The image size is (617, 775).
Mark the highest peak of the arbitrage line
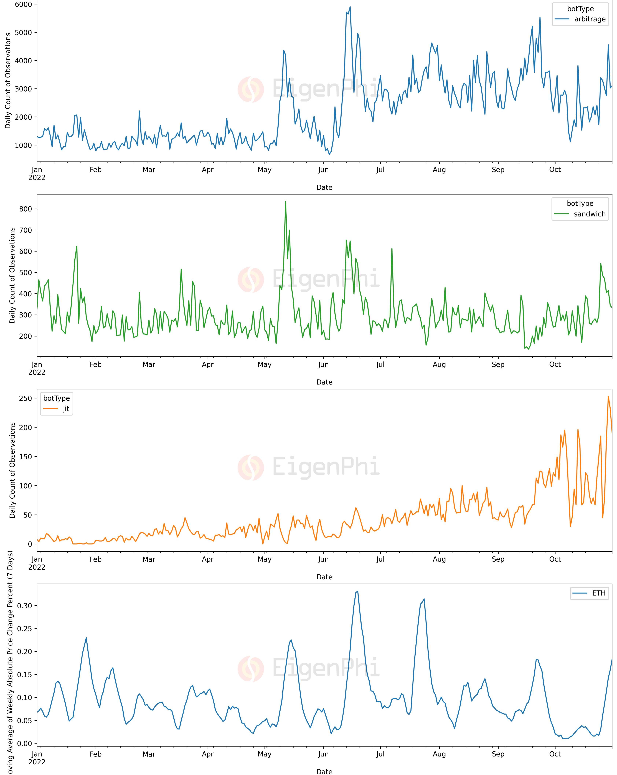350,7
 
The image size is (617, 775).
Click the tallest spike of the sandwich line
286,202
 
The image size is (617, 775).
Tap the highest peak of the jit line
608,397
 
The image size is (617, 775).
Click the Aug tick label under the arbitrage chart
439,170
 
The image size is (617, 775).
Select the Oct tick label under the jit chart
555,559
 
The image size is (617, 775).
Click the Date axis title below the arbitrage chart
324,187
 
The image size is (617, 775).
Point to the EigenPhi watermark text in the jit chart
325,467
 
